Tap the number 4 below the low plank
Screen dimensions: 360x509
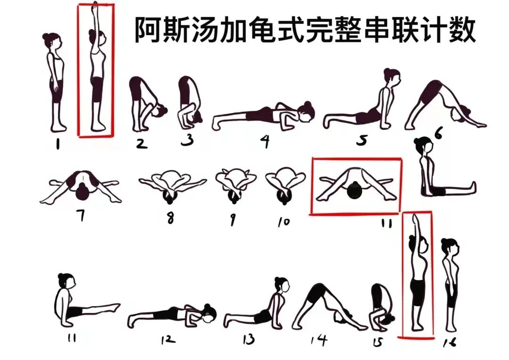265,141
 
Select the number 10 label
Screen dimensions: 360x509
284,221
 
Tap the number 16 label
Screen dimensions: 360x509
450,343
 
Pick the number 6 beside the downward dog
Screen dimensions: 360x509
438,134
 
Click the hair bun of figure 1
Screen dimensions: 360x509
46,36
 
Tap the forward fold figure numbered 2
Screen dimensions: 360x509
144,104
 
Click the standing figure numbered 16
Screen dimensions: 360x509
451,283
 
